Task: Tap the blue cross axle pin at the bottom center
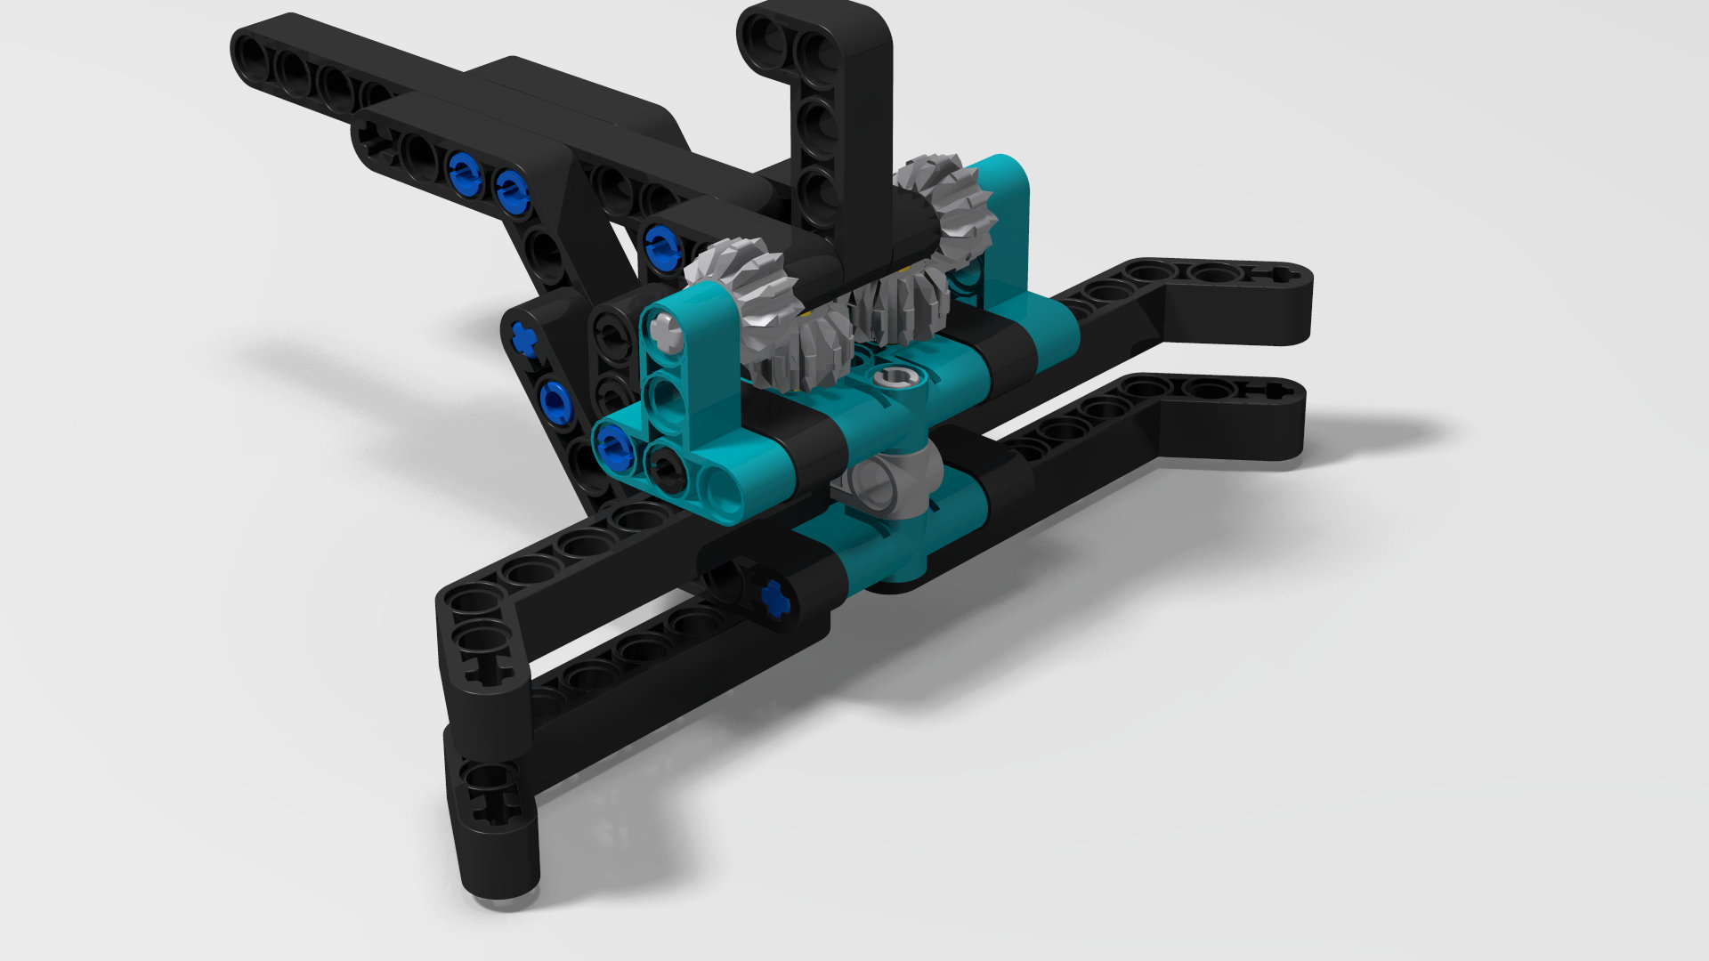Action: (776, 597)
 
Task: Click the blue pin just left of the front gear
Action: (661, 246)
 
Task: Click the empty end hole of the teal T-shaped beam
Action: (719, 489)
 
